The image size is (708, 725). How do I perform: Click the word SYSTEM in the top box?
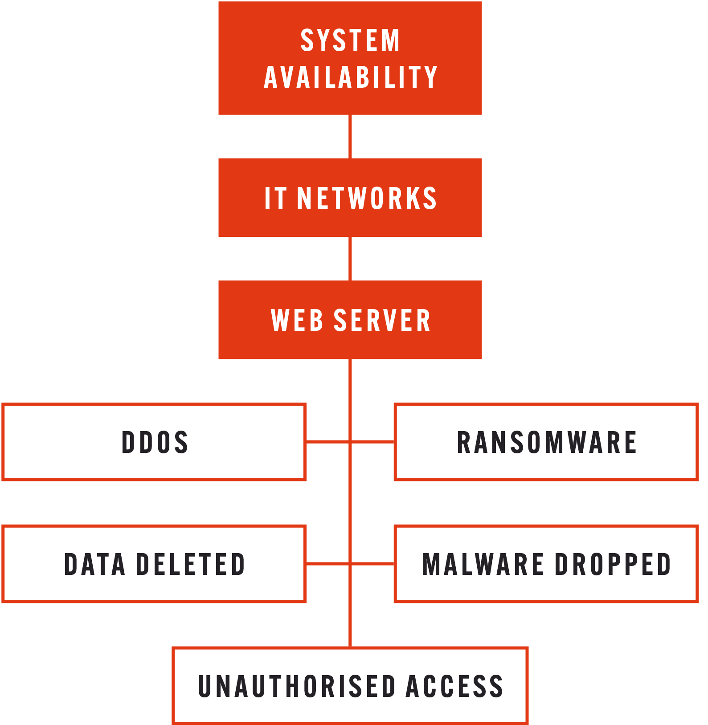pos(350,40)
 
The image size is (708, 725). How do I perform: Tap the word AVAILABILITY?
pos(350,77)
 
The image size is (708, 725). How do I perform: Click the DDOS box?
pos(154,442)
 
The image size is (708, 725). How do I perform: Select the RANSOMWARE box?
pos(546,442)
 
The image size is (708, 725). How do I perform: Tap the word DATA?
pos(94,564)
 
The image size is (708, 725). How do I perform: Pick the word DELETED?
pos(190,564)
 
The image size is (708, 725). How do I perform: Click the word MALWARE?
pos(483,564)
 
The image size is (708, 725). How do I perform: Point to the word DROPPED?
pos(613,564)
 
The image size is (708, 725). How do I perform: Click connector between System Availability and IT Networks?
pos(350,136)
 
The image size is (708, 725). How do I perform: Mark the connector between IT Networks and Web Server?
pos(350,258)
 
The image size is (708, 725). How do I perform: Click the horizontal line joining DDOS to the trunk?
pos(327,442)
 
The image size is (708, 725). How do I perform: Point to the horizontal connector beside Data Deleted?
pos(327,564)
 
